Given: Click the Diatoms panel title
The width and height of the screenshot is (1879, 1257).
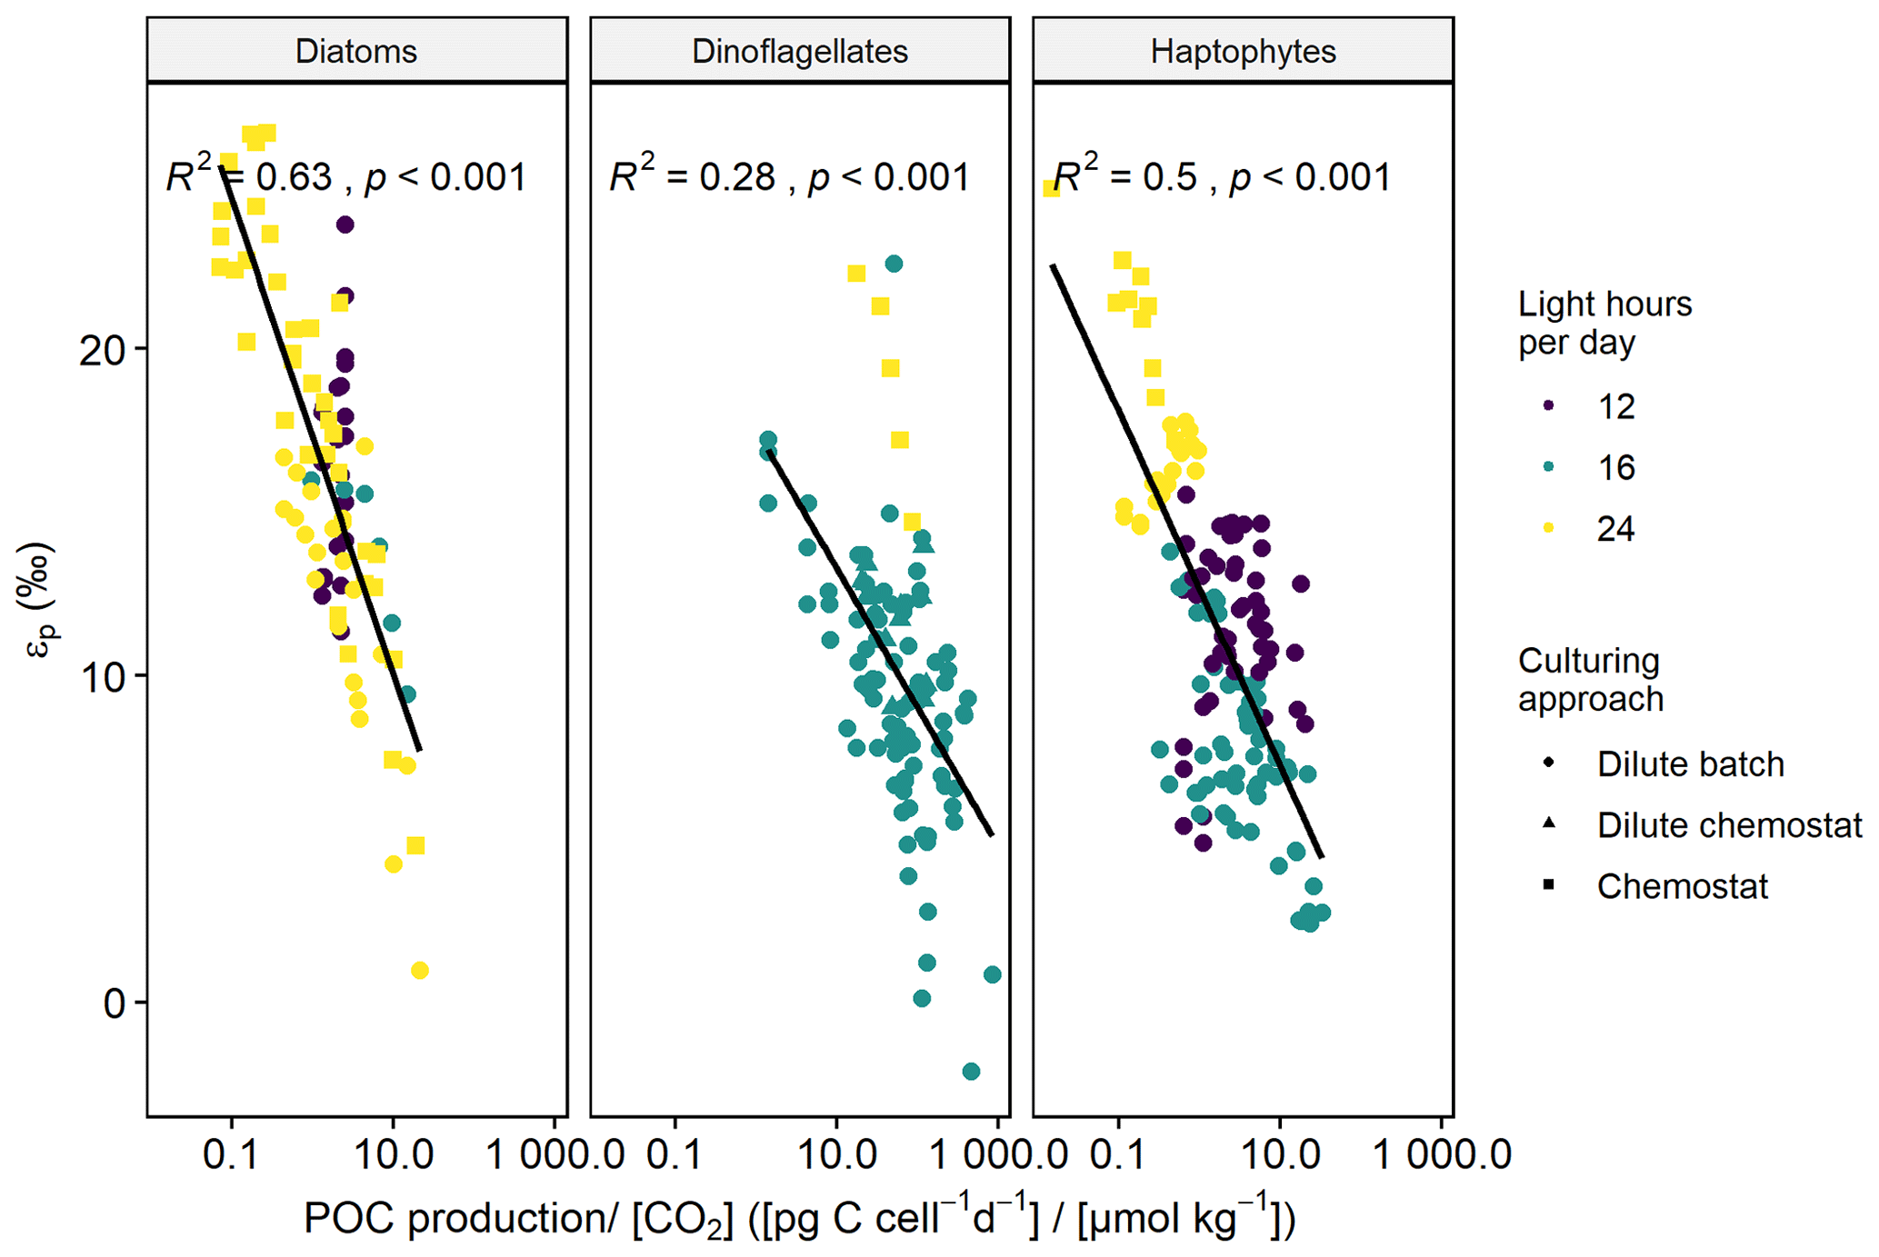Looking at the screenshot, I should point(356,51).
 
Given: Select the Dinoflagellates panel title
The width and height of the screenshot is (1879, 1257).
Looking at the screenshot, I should point(800,51).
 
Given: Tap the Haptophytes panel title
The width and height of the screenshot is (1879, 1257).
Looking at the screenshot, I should point(1243,51).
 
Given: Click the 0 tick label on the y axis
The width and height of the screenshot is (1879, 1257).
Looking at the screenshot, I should point(113,1003).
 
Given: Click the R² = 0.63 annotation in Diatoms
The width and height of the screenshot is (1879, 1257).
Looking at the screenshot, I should point(345,176).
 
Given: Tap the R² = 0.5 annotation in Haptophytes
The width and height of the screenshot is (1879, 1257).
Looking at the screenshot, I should point(1221,176).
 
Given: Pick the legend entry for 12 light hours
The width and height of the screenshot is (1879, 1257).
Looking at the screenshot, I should point(1615,406).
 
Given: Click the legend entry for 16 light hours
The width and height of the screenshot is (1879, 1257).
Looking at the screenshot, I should point(1615,467).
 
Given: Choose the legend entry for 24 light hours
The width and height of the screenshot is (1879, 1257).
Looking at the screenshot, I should point(1615,528).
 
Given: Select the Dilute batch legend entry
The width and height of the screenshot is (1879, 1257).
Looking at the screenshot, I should point(1689,763).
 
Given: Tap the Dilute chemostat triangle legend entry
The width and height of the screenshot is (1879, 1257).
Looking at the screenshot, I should point(1727,824).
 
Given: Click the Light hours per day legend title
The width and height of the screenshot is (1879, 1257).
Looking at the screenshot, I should point(1604,323).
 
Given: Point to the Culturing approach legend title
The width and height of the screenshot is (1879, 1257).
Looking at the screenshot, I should point(1590,679).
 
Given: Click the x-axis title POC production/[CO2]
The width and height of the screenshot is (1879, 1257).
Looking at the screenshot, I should point(799,1218).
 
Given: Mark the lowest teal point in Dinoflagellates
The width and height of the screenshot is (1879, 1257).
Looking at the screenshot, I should point(971,1072).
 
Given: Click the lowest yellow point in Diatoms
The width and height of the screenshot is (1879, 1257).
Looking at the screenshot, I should point(419,971).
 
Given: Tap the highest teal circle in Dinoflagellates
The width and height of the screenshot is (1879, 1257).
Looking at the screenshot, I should point(894,264).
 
